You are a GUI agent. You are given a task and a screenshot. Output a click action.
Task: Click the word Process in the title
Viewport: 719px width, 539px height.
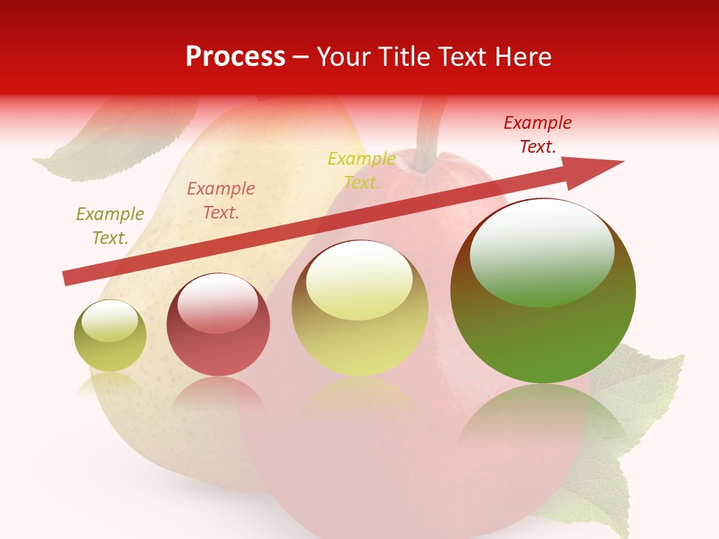(235, 57)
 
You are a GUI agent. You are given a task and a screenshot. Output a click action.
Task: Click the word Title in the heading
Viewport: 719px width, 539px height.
(404, 57)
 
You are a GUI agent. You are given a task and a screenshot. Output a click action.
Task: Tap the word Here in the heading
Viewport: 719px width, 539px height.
(522, 57)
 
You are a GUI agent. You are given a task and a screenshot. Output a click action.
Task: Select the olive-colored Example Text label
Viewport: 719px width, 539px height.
(110, 226)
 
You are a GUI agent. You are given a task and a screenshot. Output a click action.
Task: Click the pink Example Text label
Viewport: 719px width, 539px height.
(221, 201)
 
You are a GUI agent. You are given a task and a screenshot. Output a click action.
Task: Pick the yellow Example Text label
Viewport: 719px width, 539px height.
(362, 171)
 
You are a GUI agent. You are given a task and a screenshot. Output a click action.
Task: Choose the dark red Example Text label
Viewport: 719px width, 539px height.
(538, 135)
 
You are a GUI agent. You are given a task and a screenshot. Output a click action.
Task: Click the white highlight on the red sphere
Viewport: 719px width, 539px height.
(217, 303)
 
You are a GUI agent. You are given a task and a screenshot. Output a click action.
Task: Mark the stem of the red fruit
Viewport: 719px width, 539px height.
(431, 135)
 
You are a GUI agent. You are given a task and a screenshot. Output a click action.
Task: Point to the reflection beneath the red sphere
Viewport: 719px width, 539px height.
(218, 393)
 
